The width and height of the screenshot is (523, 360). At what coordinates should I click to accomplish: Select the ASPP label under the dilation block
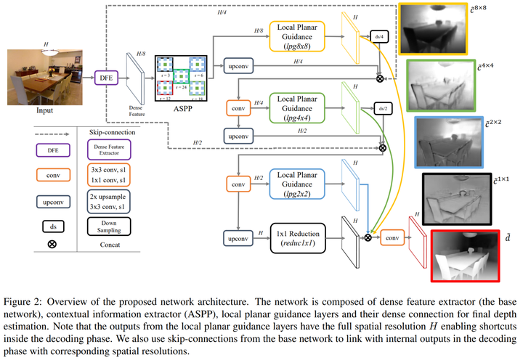click(x=182, y=110)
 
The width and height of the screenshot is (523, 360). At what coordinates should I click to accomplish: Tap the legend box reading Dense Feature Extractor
click(x=102, y=150)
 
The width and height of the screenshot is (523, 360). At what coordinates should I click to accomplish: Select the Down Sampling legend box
click(x=102, y=226)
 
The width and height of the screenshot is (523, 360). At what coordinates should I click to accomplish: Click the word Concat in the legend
click(x=102, y=245)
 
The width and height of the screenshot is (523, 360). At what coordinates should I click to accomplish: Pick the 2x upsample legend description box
click(x=102, y=200)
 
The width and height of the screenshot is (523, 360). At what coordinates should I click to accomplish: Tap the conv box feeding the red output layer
click(x=392, y=237)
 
